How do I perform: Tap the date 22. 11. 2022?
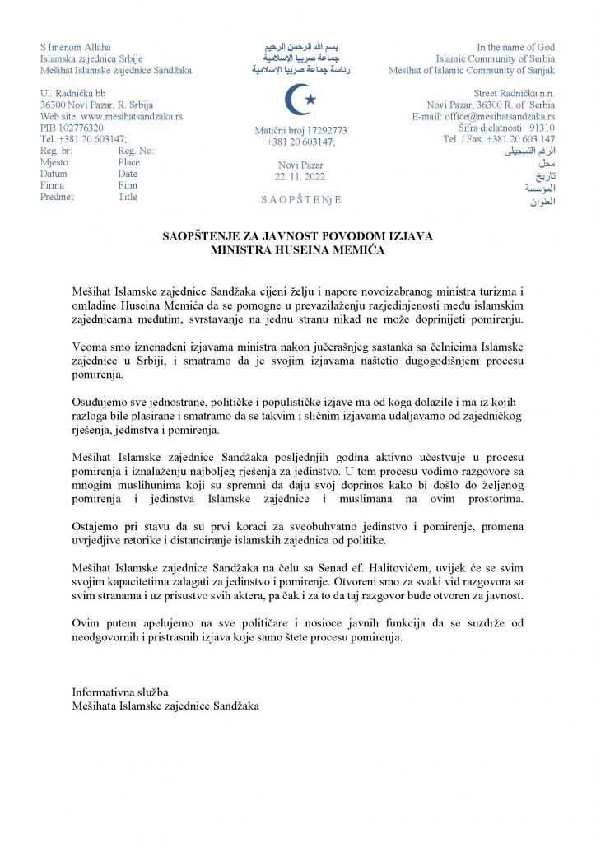(301, 176)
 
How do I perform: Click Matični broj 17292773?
(301, 130)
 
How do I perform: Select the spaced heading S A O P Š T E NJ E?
(300, 200)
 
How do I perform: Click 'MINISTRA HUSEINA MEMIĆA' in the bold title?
(297, 249)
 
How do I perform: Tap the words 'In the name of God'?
(515, 48)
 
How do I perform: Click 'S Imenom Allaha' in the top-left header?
(75, 48)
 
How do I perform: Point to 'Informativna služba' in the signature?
(120, 692)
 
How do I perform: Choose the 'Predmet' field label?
(57, 198)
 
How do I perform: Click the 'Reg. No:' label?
(136, 151)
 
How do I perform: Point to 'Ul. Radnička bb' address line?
(76, 94)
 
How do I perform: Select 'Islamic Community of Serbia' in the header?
(506, 59)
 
